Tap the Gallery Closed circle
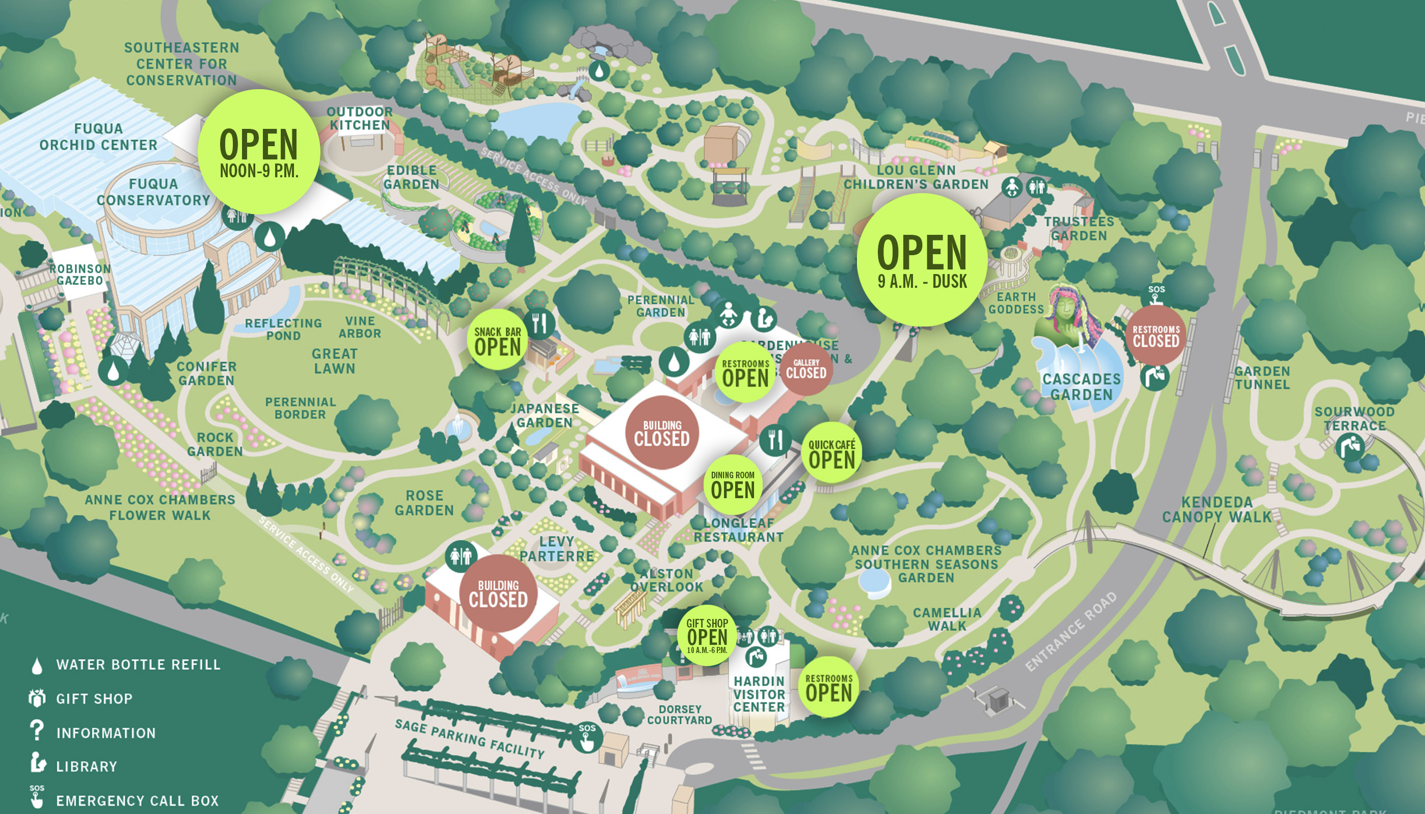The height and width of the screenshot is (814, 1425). click(x=805, y=369)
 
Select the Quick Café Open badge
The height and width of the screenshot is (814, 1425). click(x=831, y=453)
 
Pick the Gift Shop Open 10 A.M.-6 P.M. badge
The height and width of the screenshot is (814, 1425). click(x=707, y=635)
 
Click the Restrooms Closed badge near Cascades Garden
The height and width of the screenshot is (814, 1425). click(x=1155, y=336)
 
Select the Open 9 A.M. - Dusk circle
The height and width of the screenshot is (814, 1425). click(x=921, y=260)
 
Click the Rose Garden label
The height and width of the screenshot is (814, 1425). click(x=424, y=503)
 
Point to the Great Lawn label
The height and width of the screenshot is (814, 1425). click(x=334, y=361)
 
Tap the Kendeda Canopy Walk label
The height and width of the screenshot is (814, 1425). click(x=1217, y=509)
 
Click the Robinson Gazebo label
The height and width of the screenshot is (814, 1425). click(x=80, y=275)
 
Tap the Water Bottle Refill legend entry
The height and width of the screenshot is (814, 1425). click(x=138, y=665)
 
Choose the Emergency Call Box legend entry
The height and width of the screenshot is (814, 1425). click(x=137, y=801)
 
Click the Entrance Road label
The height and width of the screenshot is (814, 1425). click(x=1070, y=631)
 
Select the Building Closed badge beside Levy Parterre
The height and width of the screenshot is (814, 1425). click(x=498, y=593)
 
